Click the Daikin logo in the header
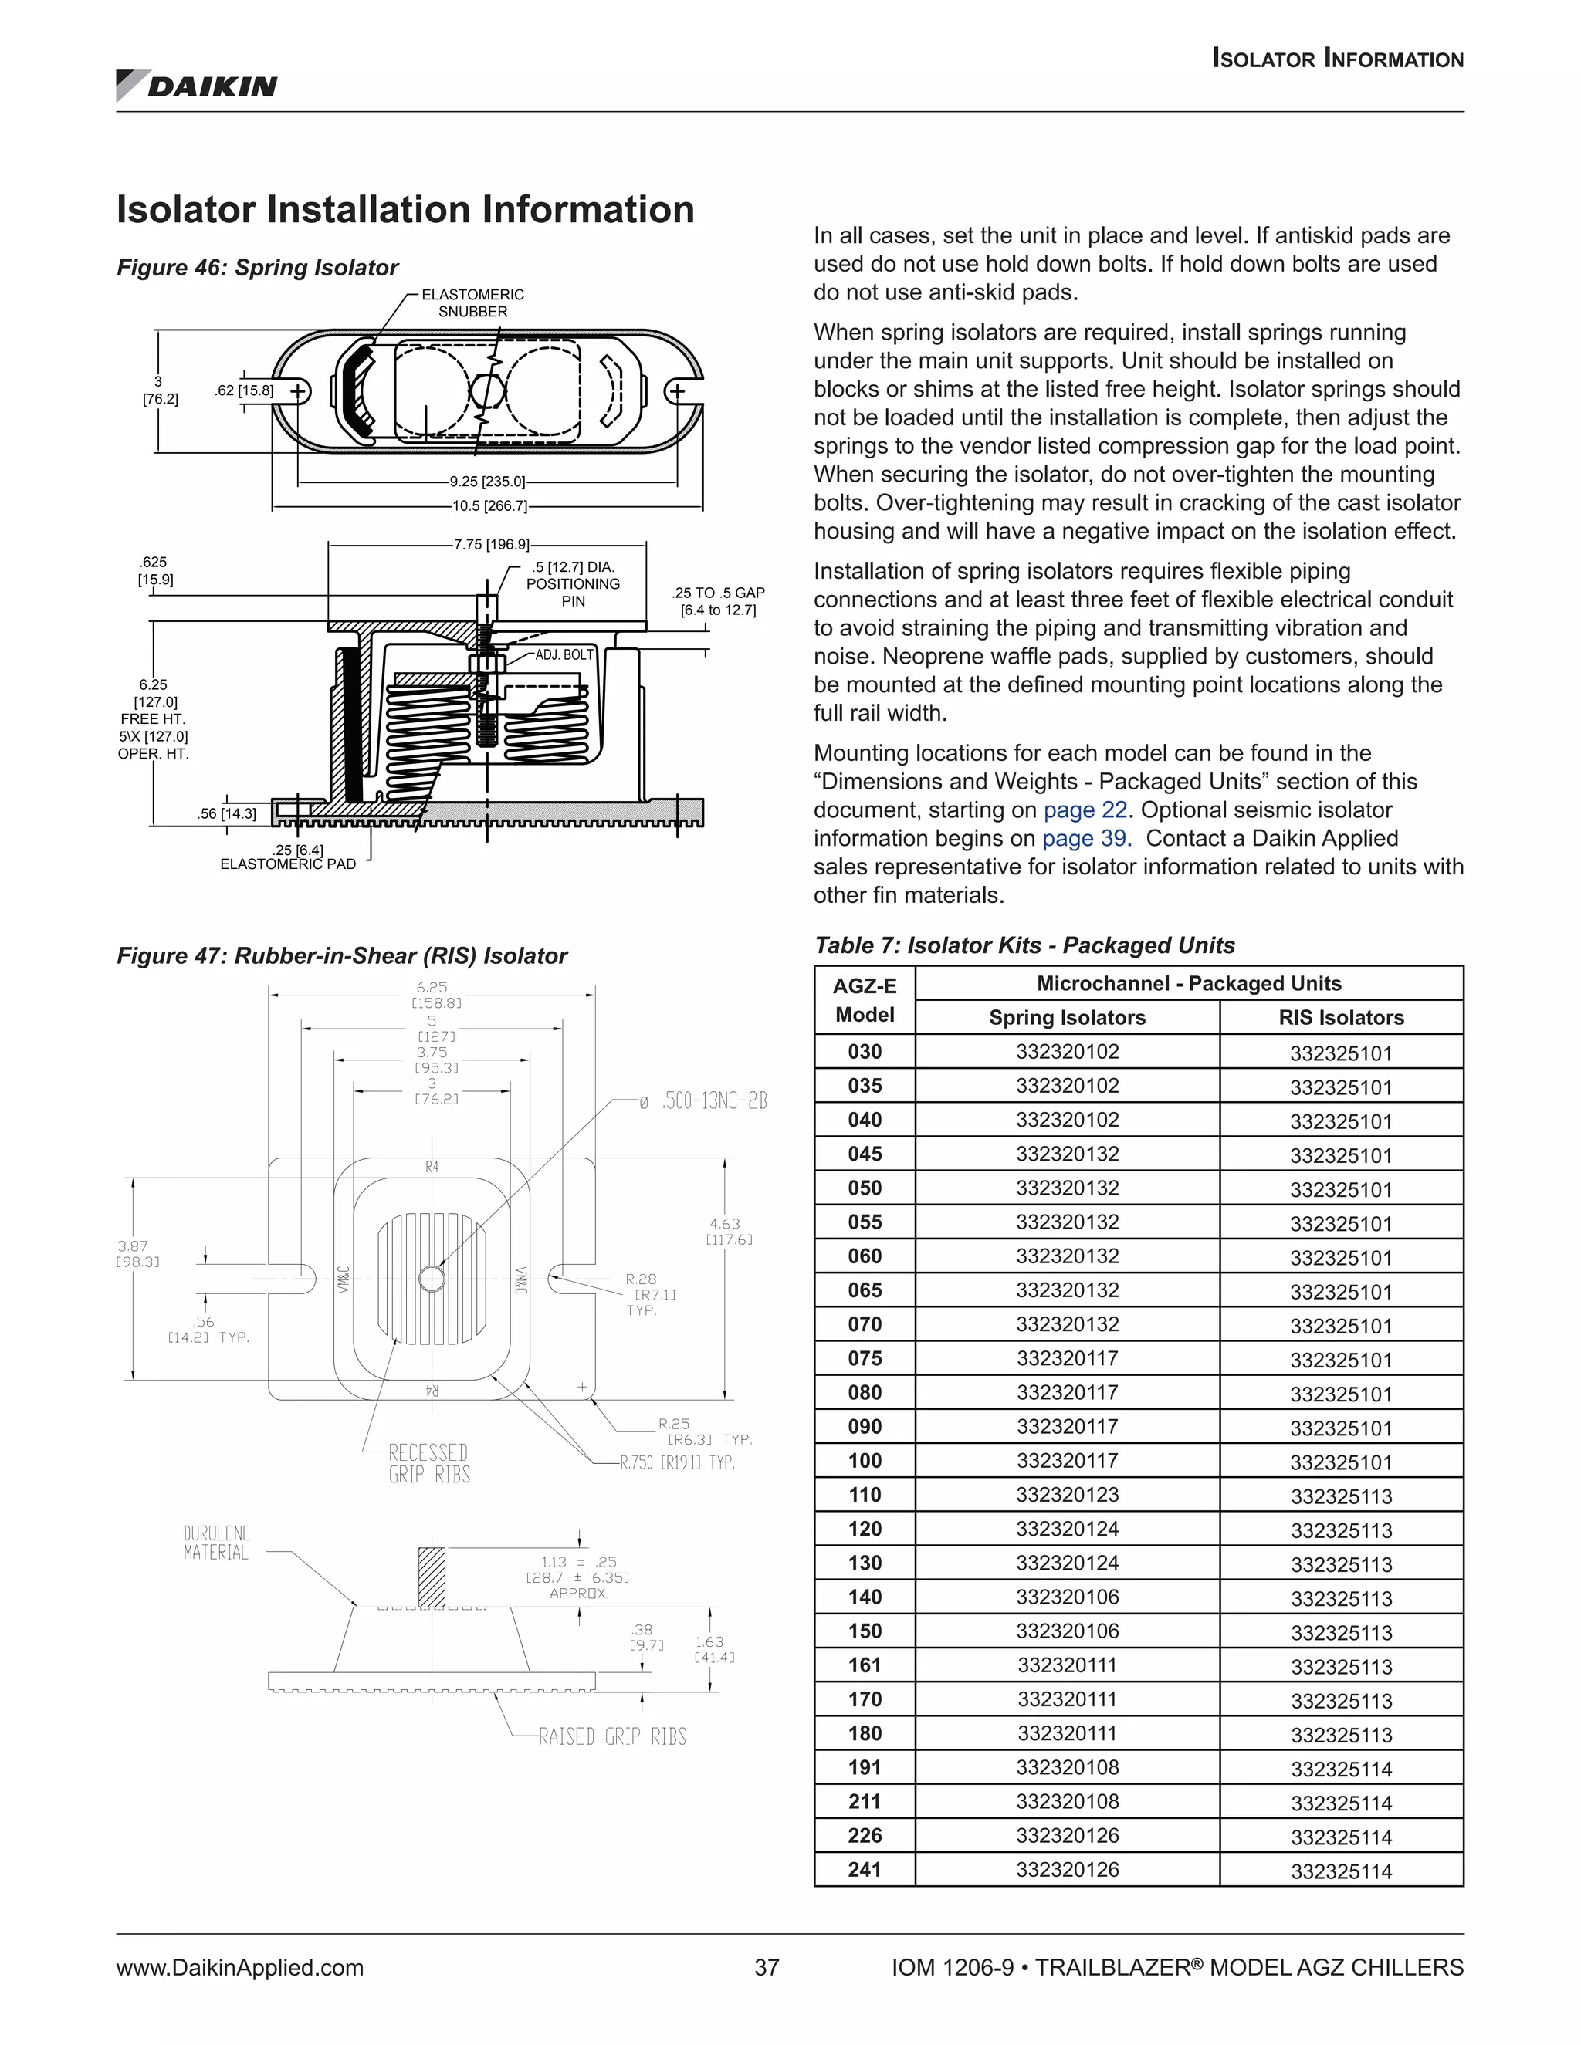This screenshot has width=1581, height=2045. click(x=197, y=86)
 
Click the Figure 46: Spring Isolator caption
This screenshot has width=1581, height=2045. click(x=258, y=268)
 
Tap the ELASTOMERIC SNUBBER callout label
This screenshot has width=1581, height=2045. click(x=473, y=303)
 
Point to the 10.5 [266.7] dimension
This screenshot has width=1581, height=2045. click(x=489, y=506)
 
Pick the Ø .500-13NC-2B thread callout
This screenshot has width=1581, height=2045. click(x=703, y=1101)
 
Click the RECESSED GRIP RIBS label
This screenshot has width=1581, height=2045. click(x=428, y=1463)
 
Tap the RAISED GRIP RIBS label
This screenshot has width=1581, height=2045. click(x=612, y=1737)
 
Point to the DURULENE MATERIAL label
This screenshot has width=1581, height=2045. click(x=216, y=1543)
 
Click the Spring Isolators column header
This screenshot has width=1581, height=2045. click(x=1067, y=1018)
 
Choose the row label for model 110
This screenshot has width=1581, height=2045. click(x=865, y=1496)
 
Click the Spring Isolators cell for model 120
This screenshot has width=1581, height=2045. click(x=1067, y=1529)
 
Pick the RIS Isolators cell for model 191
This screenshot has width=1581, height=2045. click(x=1341, y=1769)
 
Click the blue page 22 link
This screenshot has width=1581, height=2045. click(x=1085, y=810)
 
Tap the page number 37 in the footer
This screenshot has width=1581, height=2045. click(x=766, y=1969)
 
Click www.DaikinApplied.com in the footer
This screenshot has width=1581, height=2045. click(x=240, y=1969)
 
